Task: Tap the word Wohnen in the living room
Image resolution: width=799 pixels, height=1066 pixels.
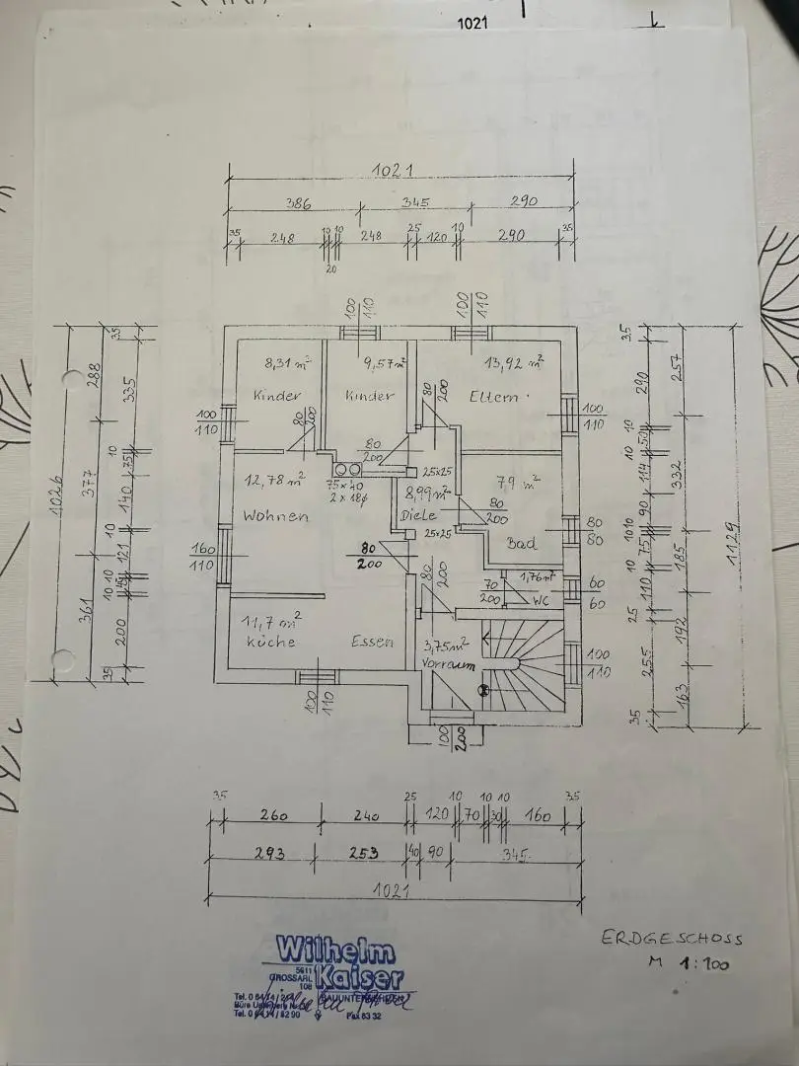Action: pyautogui.click(x=276, y=516)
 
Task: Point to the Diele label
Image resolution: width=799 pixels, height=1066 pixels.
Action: pyautogui.click(x=418, y=515)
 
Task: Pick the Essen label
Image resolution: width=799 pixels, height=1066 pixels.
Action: pyautogui.click(x=372, y=642)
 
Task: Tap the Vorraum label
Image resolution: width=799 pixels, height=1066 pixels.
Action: pyautogui.click(x=444, y=666)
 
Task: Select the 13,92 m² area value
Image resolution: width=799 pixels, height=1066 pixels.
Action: pyautogui.click(x=514, y=363)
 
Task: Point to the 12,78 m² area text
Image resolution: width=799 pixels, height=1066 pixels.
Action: pyautogui.click(x=275, y=481)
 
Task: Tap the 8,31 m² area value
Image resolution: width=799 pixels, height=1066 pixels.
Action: pyautogui.click(x=288, y=363)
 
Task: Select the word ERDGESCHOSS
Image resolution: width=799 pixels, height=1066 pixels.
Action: pyautogui.click(x=672, y=939)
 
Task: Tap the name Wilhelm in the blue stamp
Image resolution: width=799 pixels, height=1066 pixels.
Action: pyautogui.click(x=336, y=952)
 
